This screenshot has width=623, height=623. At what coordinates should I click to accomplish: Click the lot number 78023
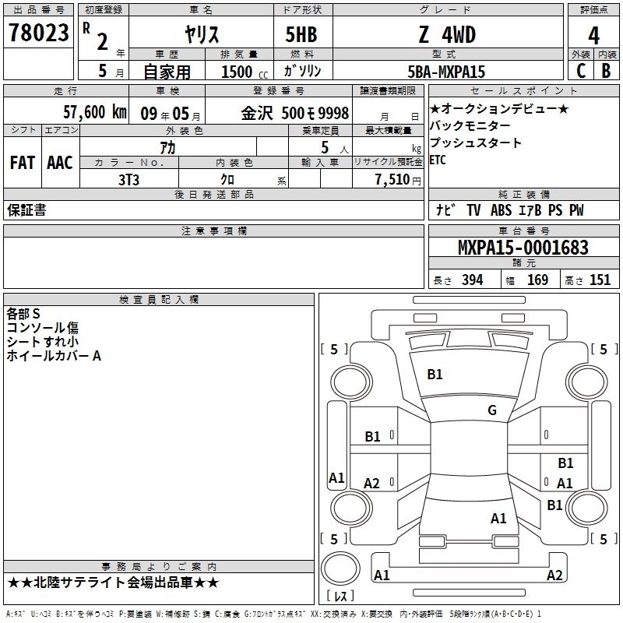pyautogui.click(x=38, y=33)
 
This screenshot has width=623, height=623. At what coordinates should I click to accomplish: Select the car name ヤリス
pyautogui.click(x=202, y=34)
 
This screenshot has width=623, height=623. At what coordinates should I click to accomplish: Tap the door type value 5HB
pyautogui.click(x=301, y=34)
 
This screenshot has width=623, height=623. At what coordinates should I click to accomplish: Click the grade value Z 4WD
pyautogui.click(x=447, y=34)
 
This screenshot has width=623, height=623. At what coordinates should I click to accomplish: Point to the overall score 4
pyautogui.click(x=593, y=36)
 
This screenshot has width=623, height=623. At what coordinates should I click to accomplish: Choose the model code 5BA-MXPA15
pyautogui.click(x=446, y=72)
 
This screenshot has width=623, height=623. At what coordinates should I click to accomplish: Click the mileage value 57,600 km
pyautogui.click(x=95, y=112)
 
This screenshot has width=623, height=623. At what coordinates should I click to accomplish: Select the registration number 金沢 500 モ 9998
pyautogui.click(x=295, y=113)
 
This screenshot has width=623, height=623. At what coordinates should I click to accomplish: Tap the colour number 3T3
pyautogui.click(x=128, y=180)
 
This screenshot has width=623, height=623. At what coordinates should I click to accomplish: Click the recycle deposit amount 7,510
pyautogui.click(x=392, y=180)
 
